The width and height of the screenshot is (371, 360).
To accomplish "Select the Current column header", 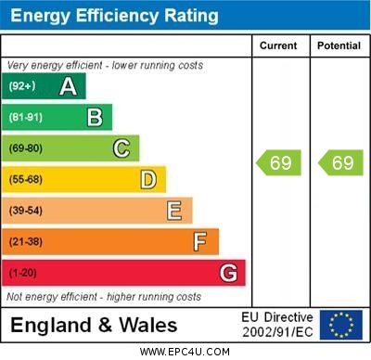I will coord(278,45).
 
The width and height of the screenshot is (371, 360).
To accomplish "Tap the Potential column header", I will coord(339,45).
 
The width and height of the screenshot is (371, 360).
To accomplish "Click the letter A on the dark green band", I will coord(68,86).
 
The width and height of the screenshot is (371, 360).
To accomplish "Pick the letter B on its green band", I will coord(95,117).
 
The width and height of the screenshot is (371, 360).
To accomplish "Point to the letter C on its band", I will coord(122,148).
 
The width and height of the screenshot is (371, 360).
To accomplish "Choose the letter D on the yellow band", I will coord(148,179).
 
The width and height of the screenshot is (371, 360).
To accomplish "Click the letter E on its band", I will coord(174,211).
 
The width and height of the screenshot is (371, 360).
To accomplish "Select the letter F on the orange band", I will coord(200,242).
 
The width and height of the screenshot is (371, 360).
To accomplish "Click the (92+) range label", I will coord(22,86).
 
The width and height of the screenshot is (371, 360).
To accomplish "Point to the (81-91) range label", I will coord(25,117).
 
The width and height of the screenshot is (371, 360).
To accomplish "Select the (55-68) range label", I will coord(26,179).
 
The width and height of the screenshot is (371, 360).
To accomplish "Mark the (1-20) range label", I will coord(23,273).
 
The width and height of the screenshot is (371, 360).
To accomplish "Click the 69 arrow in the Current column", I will coord(279,163).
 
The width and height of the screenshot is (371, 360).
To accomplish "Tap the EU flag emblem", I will coord(341,325).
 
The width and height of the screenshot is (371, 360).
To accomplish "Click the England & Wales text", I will coord(94,325).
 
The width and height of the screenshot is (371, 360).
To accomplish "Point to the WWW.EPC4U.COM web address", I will coord(185,352).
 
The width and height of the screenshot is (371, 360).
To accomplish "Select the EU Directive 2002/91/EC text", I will coord(277,325).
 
